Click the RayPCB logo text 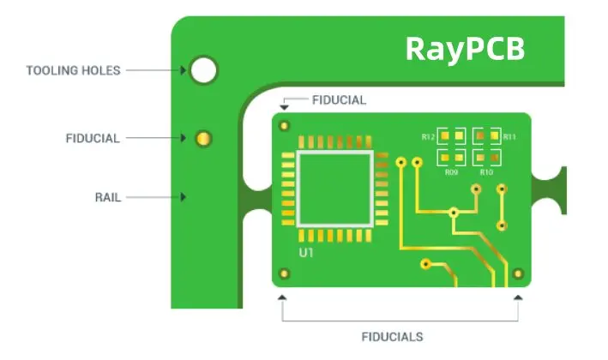tap(464, 48)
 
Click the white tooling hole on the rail tap(203, 69)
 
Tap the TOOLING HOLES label tap(73, 69)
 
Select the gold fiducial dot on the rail tap(203, 138)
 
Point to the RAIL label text tap(107, 197)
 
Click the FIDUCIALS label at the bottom tap(391, 337)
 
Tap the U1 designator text tap(305, 253)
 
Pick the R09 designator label tap(451, 172)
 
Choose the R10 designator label tap(486, 172)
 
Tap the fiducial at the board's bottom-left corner tap(284, 274)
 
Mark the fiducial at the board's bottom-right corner tap(517, 274)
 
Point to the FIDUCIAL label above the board tap(339, 100)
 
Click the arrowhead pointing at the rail tap(183, 197)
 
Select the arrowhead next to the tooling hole tap(183, 69)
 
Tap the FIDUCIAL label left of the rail tap(93, 138)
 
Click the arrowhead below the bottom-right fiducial tap(517, 297)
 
